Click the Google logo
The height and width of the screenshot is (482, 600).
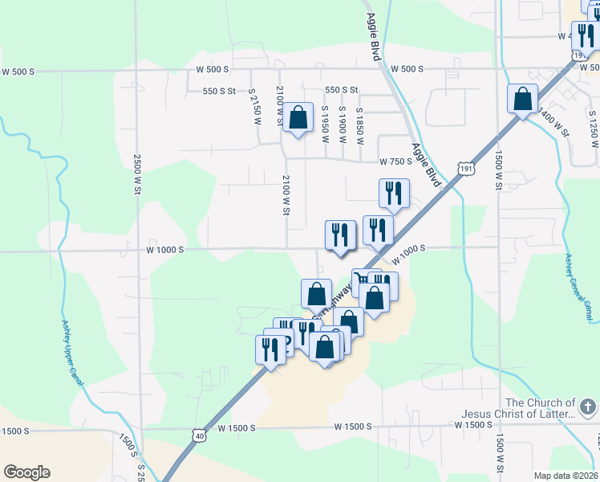[26, 472]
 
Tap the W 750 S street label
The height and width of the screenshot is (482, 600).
[395, 161]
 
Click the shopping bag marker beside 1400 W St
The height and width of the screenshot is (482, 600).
[522, 100]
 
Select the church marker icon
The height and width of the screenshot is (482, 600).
[589, 408]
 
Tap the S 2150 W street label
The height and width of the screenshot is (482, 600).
[256, 107]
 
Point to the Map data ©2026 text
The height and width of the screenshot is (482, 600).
[566, 475]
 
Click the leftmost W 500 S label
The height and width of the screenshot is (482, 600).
[18, 71]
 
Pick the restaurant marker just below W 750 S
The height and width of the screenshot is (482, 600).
[394, 194]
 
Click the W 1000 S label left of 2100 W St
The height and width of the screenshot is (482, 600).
[165, 250]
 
